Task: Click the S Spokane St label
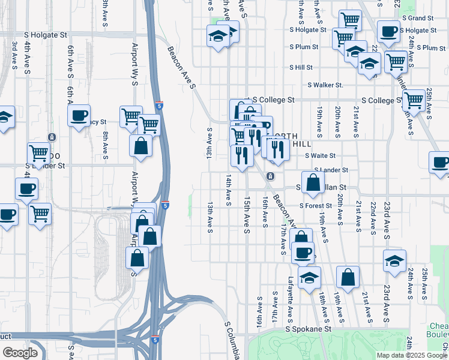(308, 329)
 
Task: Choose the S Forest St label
(316, 205)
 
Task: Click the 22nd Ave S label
(373, 212)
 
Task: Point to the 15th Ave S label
(247, 214)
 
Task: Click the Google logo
(20, 353)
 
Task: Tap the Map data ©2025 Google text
(412, 355)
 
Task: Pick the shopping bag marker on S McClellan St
(313, 182)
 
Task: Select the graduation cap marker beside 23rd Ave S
(394, 262)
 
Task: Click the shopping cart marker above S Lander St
(39, 154)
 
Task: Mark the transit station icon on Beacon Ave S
(271, 176)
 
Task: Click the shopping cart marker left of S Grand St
(349, 20)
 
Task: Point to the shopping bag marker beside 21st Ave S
(348, 277)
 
